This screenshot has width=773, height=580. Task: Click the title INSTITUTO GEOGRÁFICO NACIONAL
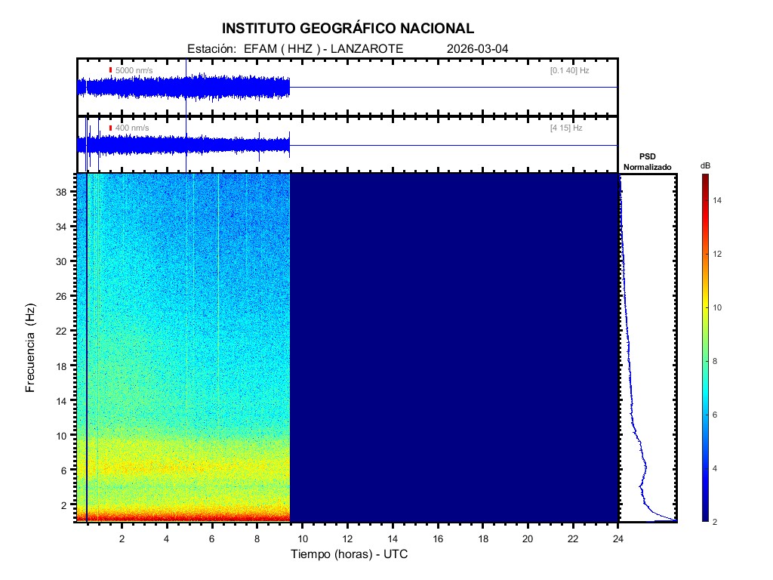click(x=348, y=29)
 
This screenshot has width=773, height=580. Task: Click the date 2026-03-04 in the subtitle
click(x=478, y=49)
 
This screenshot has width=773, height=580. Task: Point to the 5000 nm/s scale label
click(x=134, y=70)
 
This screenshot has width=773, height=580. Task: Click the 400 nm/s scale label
click(x=132, y=128)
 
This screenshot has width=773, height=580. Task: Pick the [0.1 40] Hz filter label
click(x=570, y=70)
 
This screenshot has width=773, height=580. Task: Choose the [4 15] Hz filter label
click(x=566, y=128)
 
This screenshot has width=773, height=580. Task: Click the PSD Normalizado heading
click(x=648, y=162)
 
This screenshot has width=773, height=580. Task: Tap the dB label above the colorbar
click(x=705, y=165)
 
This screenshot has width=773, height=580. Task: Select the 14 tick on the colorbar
click(x=719, y=201)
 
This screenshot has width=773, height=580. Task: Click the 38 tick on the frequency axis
click(x=65, y=192)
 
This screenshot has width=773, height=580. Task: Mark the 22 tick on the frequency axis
click(x=65, y=331)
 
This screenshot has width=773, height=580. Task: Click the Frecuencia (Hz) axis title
click(x=31, y=348)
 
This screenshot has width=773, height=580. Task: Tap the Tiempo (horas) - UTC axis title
click(x=350, y=555)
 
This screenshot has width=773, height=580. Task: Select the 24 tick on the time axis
click(x=618, y=538)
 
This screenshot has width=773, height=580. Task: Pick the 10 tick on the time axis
click(x=302, y=538)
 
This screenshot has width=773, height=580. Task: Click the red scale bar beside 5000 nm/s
click(x=111, y=70)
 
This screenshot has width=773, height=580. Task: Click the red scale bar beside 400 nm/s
click(x=111, y=128)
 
